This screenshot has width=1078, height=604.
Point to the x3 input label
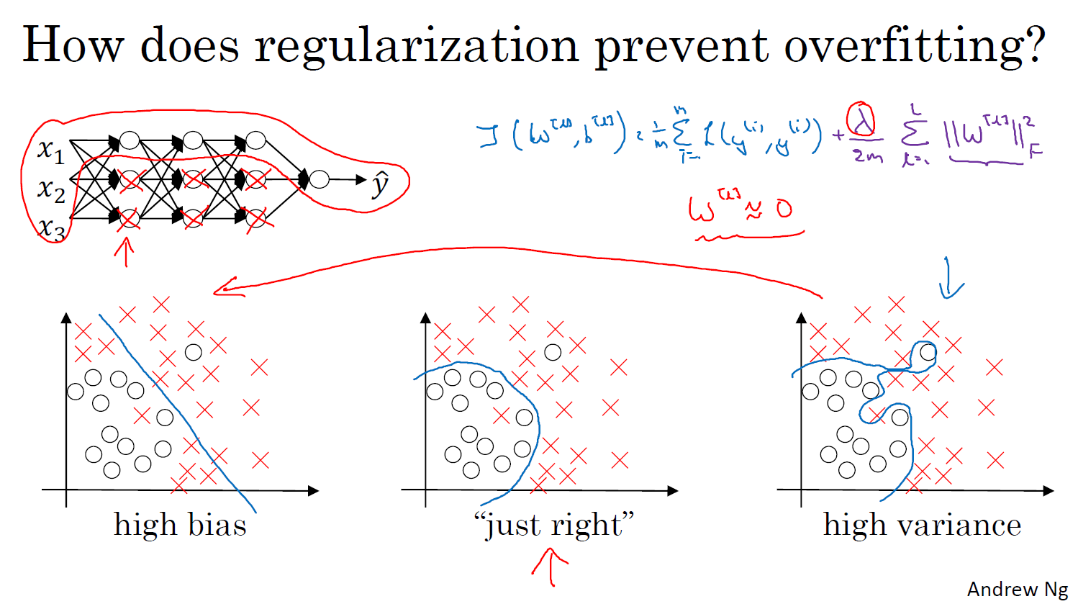tap(51, 229)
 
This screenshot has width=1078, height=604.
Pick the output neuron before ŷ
tap(320, 179)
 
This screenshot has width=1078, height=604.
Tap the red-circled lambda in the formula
tap(861, 121)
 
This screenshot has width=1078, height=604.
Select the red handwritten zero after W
tap(783, 209)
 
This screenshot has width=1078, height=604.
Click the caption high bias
tap(180, 525)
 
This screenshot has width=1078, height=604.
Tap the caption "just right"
tap(554, 525)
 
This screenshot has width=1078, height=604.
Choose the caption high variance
tap(922, 525)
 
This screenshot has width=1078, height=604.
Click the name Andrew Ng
tap(1018, 589)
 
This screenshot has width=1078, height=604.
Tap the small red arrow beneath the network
tap(125, 252)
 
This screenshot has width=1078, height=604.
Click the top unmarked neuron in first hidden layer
tap(129, 140)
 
